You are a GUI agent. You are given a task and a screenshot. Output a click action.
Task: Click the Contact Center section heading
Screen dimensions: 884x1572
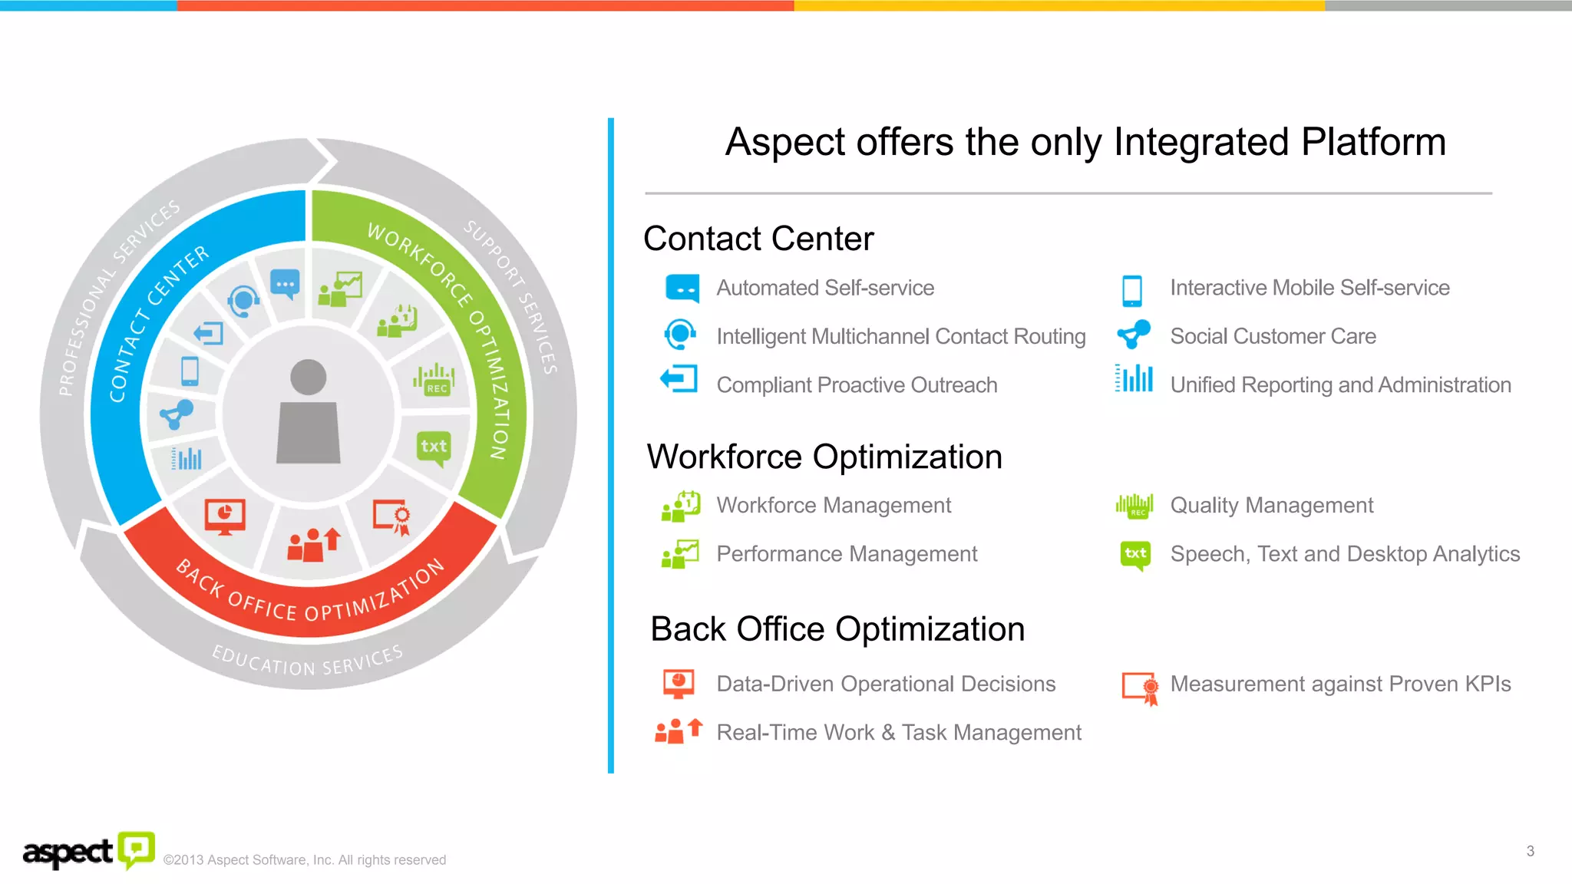click(758, 239)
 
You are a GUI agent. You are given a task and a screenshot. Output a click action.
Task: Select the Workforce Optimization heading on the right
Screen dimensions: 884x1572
click(824, 457)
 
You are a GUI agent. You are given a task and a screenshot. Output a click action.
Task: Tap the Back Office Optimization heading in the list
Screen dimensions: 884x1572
click(837, 629)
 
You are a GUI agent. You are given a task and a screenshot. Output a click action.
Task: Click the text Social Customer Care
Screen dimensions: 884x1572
click(1273, 336)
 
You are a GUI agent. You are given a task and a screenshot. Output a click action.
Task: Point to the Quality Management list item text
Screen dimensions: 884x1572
click(1271, 505)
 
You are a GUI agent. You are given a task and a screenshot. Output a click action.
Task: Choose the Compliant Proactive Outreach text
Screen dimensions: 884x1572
click(857, 384)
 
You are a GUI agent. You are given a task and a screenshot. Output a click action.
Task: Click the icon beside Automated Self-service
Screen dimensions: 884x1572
click(682, 289)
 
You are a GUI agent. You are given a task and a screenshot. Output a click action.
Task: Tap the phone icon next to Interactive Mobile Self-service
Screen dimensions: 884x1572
click(1131, 290)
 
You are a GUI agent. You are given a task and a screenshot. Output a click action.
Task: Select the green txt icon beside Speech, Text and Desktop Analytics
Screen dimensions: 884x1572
click(1135, 554)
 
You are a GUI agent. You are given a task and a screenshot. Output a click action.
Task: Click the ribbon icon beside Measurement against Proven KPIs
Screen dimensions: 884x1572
click(1141, 688)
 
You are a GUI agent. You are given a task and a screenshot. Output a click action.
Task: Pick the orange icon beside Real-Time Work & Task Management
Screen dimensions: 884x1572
click(678, 731)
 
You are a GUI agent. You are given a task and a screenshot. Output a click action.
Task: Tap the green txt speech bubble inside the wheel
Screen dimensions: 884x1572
click(434, 447)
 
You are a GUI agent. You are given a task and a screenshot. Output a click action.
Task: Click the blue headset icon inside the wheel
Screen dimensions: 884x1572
click(243, 300)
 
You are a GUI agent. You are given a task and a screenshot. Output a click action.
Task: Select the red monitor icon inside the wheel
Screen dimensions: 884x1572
click(225, 516)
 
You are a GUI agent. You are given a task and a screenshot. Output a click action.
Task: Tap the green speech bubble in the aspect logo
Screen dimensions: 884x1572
click(137, 849)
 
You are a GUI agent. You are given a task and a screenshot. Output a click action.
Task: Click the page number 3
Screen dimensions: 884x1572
click(1530, 851)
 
